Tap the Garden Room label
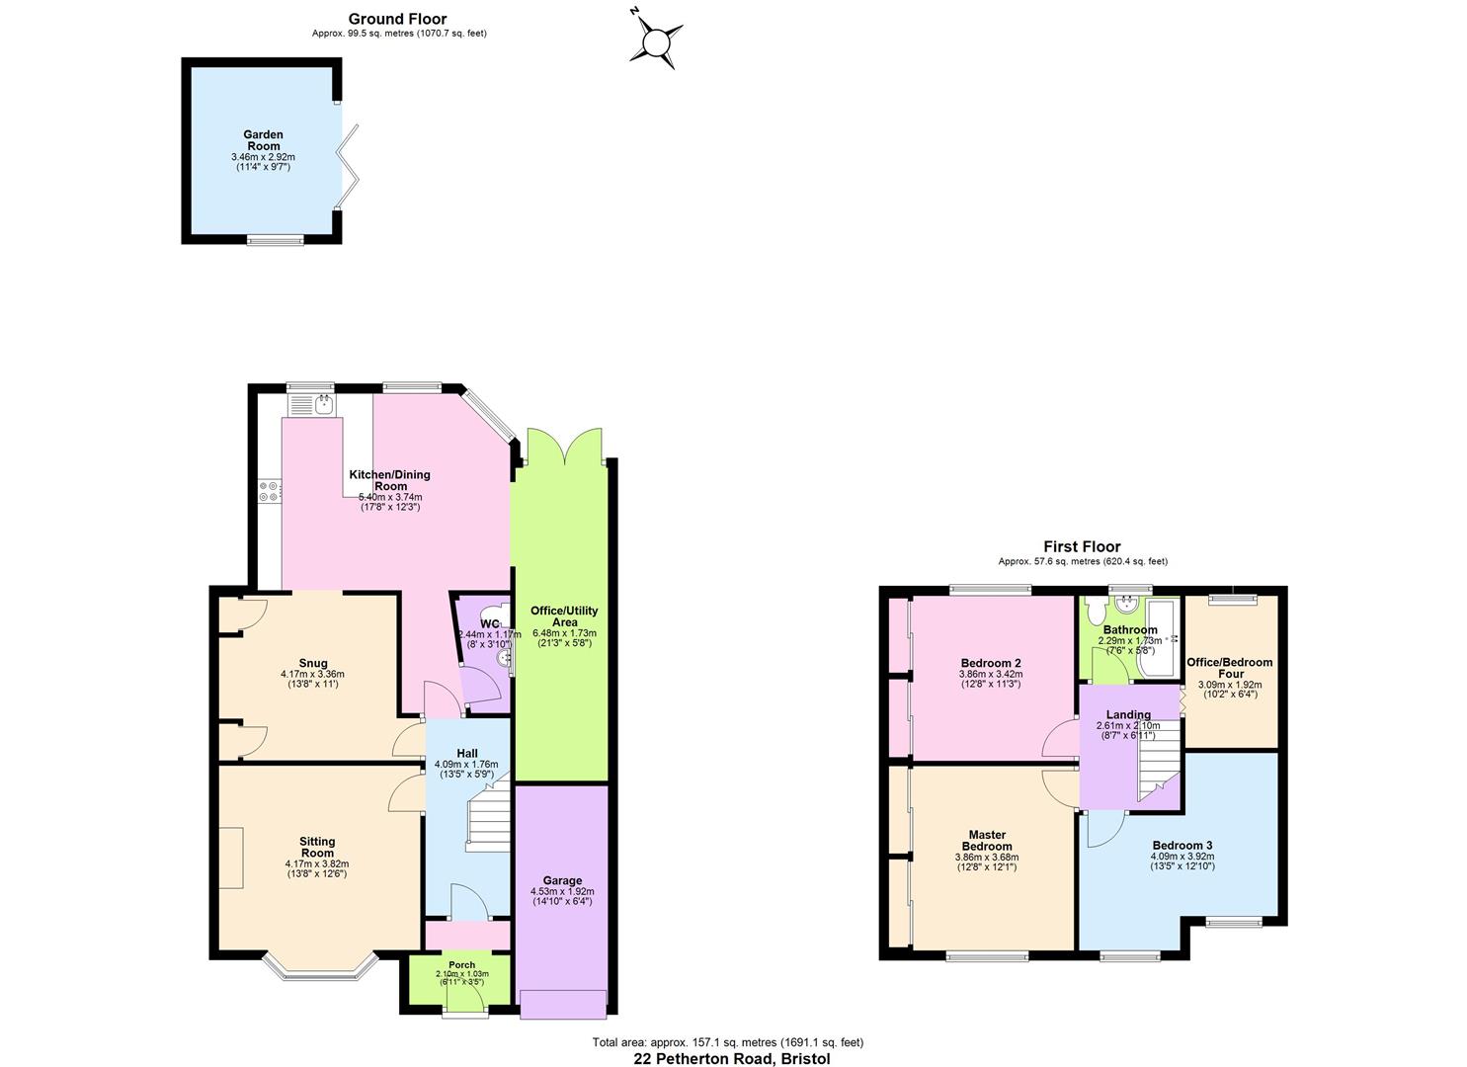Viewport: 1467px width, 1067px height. click(x=264, y=140)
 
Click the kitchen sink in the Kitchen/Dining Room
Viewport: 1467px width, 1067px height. click(x=322, y=403)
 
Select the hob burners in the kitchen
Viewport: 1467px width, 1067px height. click(x=268, y=491)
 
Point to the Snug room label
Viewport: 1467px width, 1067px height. click(x=313, y=663)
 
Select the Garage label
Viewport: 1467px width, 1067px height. click(x=562, y=880)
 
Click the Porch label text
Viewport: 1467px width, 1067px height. click(x=461, y=965)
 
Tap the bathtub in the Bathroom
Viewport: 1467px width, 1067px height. click(x=1155, y=639)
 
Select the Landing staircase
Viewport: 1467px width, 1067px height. click(x=1157, y=761)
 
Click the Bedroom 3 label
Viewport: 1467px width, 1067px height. click(x=1182, y=846)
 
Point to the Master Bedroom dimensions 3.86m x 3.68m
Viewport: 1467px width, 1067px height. click(x=987, y=858)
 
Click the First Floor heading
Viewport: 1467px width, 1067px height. click(x=1082, y=546)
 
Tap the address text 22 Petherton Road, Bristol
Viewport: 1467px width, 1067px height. click(x=731, y=1058)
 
